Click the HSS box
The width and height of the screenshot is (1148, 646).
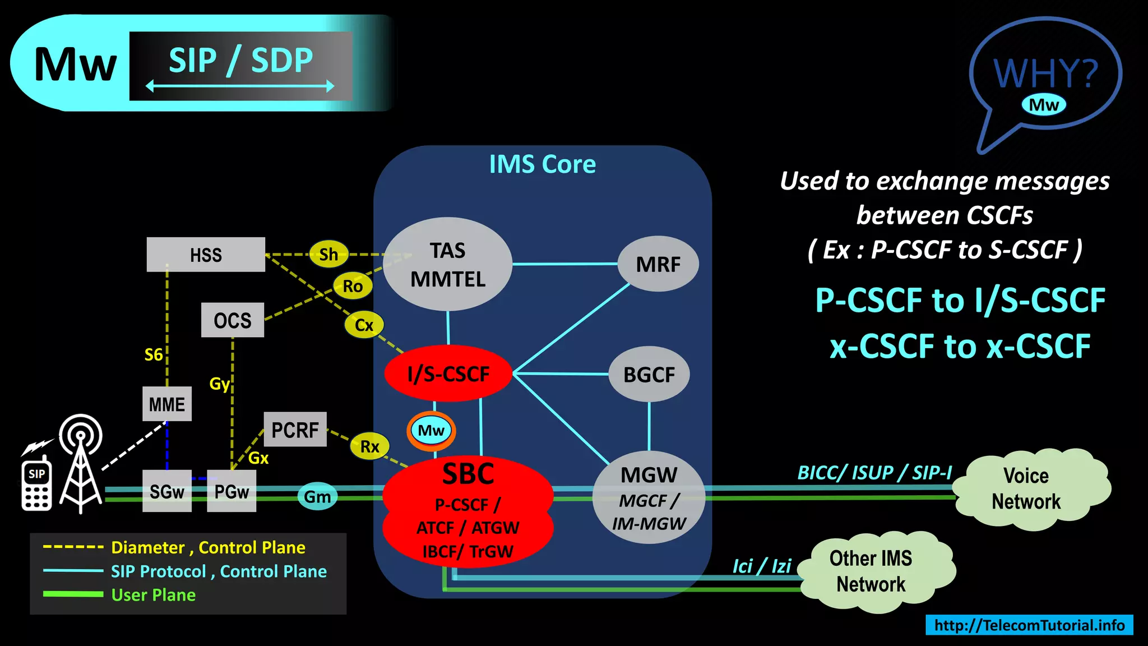point(206,255)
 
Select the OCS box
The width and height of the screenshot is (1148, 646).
point(232,320)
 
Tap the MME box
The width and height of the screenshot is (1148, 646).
point(166,404)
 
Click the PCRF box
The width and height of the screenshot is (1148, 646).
point(295,430)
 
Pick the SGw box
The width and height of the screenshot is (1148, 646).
point(166,491)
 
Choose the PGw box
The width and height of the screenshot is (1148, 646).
point(232,491)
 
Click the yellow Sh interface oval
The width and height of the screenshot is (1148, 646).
point(328,254)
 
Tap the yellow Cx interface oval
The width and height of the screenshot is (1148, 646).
point(364,325)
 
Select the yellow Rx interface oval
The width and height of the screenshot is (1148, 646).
point(369,446)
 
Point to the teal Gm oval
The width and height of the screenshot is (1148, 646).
point(317,496)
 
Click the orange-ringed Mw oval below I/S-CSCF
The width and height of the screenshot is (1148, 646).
point(431,431)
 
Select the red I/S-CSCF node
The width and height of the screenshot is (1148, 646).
point(448,373)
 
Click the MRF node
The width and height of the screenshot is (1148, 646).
point(658,264)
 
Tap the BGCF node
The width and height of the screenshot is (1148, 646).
point(649,374)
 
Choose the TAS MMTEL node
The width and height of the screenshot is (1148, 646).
point(448,264)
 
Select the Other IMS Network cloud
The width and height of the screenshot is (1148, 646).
point(872,571)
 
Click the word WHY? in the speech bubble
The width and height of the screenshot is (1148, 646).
point(1045,73)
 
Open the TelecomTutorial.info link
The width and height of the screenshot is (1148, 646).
point(1029,625)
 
